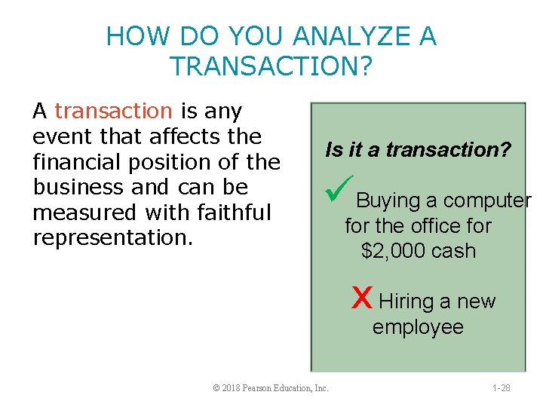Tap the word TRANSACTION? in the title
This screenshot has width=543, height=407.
pos(271,66)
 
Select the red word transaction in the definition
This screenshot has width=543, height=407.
pos(114,112)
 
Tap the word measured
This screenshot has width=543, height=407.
pos(80,213)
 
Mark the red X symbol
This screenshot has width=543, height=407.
pos(362,298)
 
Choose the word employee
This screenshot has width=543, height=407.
pos(418,327)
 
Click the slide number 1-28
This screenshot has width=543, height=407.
pos(501,387)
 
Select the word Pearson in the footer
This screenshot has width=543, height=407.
pos(262,387)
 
